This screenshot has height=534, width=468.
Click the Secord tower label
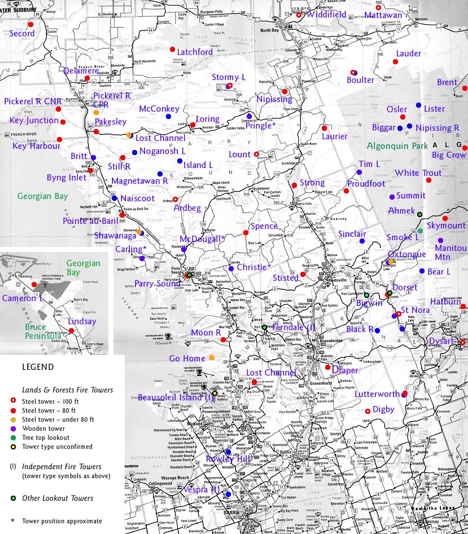22,33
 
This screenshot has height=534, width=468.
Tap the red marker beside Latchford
173,50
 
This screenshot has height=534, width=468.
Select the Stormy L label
229,77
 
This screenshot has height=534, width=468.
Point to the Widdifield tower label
326,15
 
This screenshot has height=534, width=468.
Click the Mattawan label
383,15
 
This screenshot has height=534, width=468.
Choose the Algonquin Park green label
397,146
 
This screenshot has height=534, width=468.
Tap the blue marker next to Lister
418,105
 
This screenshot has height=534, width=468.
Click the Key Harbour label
36,147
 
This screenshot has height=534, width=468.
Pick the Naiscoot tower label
137,198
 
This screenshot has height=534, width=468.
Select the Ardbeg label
187,209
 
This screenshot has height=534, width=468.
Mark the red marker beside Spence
246,232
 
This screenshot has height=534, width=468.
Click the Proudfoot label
366,184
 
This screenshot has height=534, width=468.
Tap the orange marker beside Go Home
212,358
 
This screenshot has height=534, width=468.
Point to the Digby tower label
383,409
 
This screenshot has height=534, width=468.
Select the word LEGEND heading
38,367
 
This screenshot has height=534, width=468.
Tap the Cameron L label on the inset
23,298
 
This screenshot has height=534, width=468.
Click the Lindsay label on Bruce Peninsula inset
82,321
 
